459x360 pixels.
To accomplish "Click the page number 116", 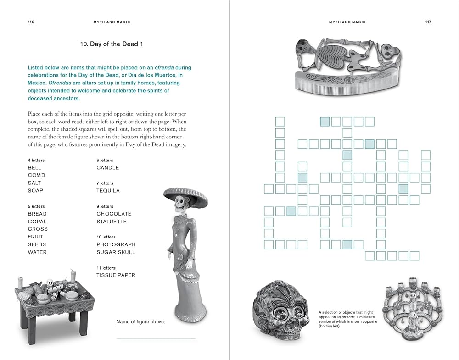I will coord(31,22).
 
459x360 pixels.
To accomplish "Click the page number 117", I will coord(428,22).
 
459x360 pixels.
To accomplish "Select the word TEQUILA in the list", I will coord(108,191).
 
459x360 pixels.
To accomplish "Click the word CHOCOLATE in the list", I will coord(114,214).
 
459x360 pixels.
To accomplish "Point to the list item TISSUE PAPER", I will coord(116,275).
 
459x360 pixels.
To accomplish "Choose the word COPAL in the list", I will coord(37,222).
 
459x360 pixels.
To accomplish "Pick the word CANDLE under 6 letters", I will coord(107,168).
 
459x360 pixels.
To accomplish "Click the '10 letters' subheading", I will coord(106,237).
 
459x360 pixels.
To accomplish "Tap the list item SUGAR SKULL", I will coord(116,252).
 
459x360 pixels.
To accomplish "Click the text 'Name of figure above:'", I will coord(140,321).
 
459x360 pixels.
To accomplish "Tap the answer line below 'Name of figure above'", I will coord(156,338).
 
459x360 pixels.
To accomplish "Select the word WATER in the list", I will coord(37,252).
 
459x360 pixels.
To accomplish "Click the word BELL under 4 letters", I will coord(34,168).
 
